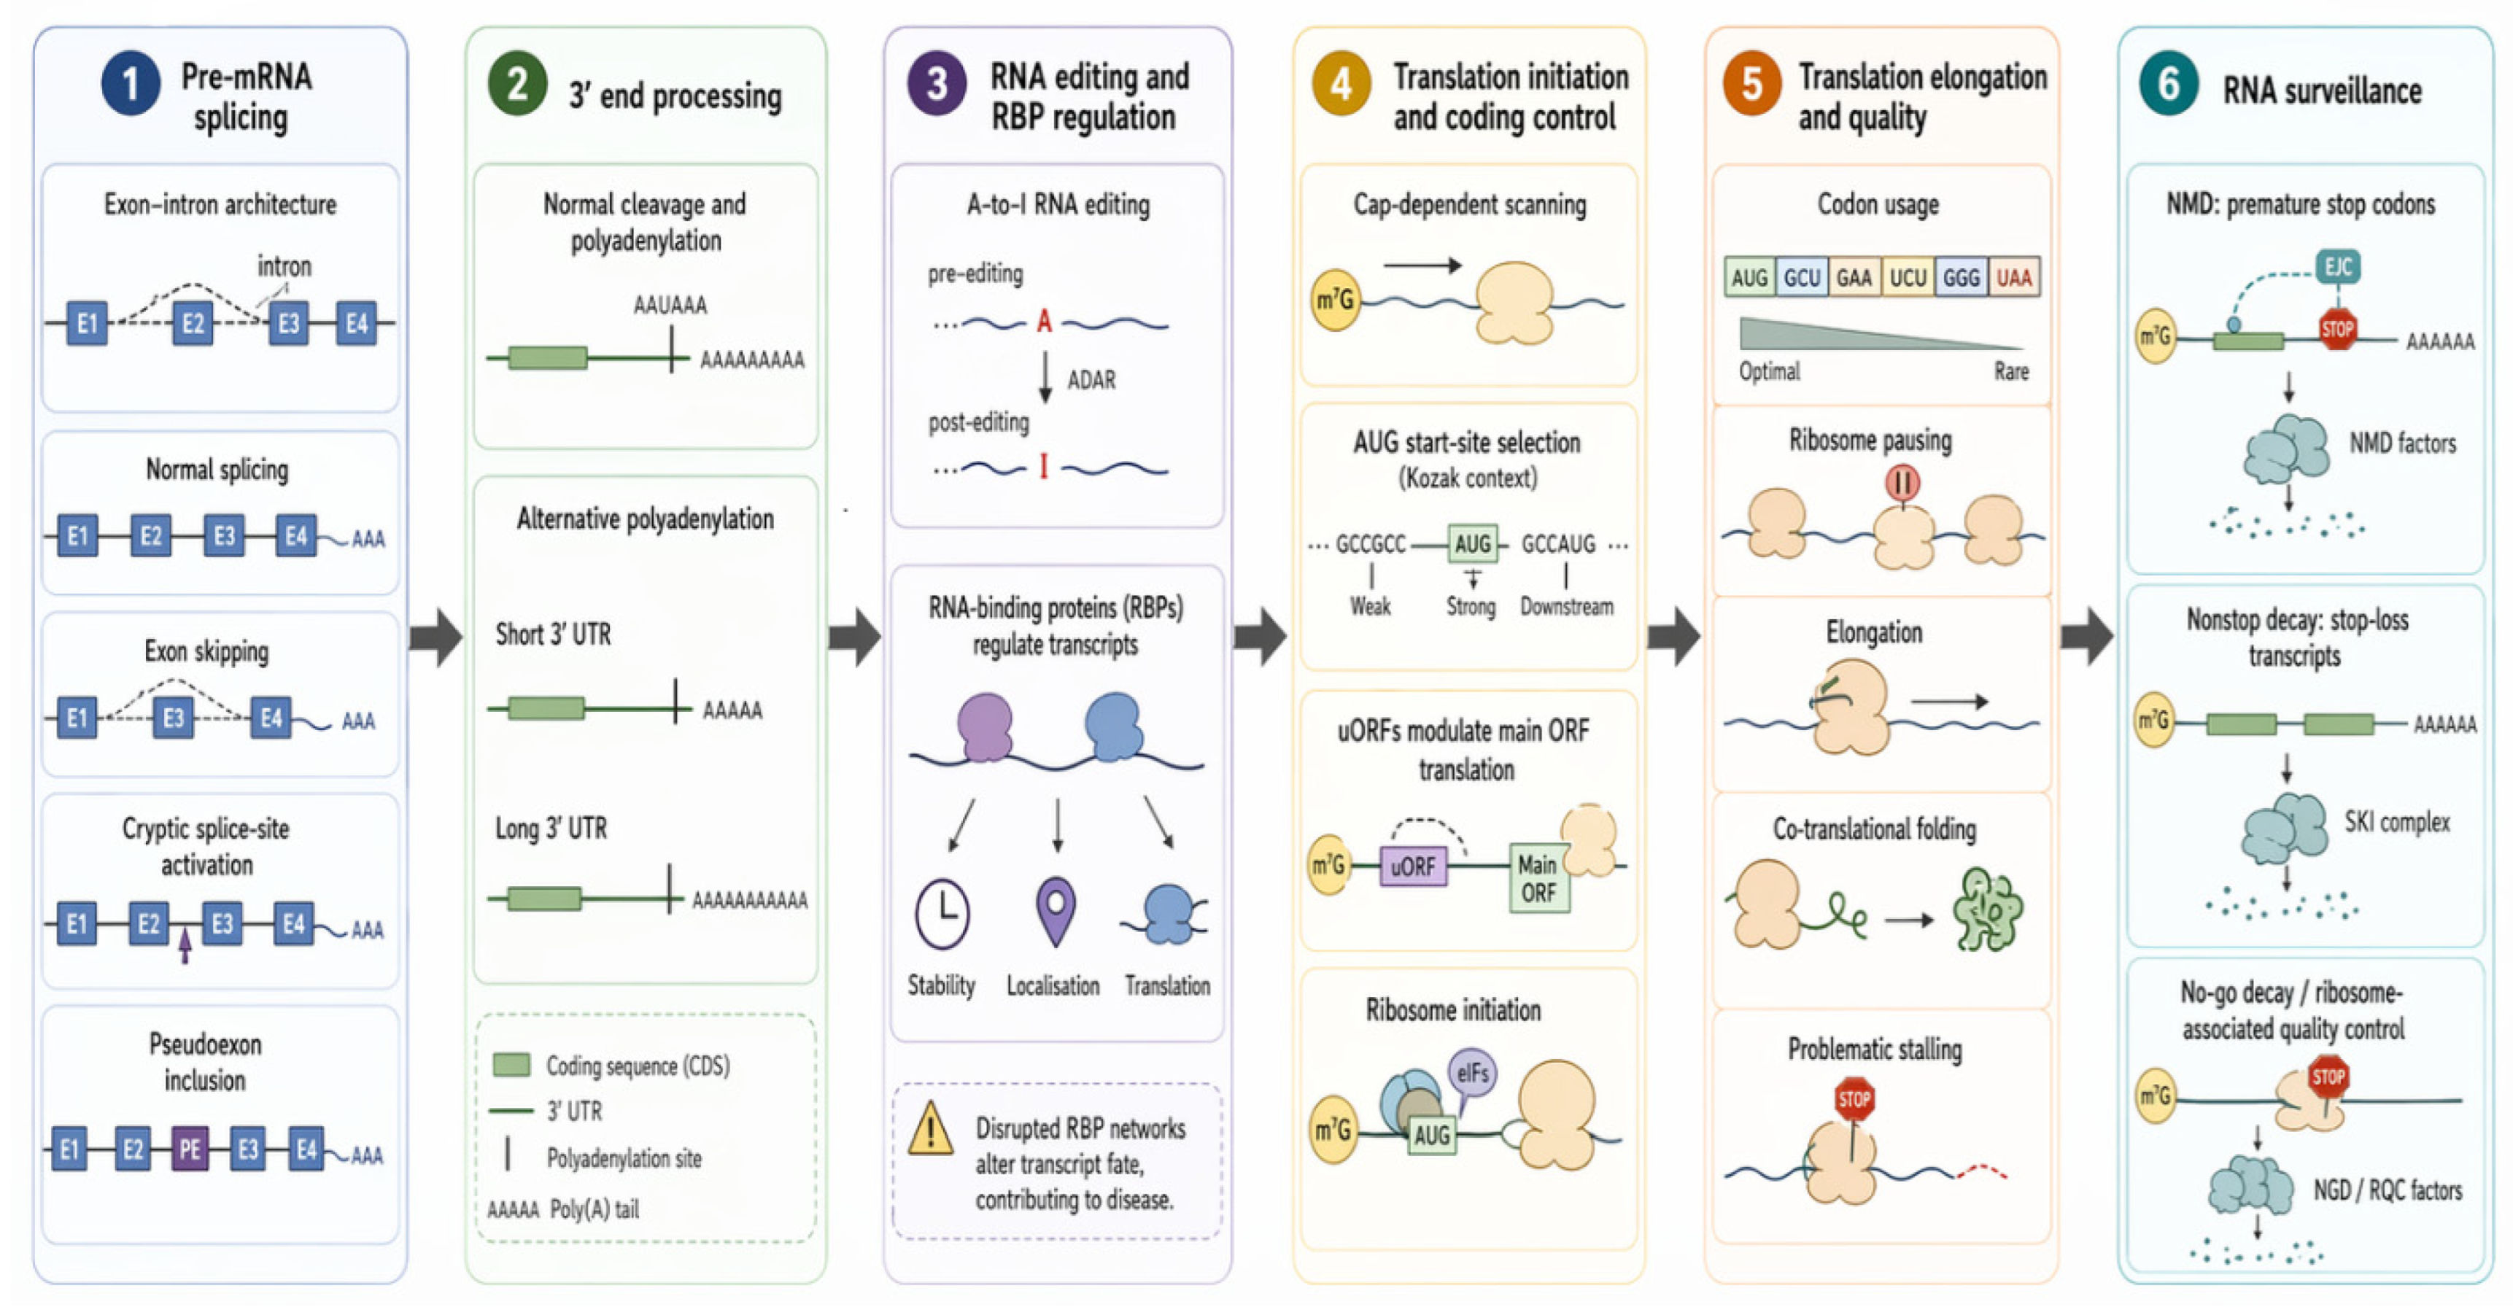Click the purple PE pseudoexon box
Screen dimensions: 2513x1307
pos(190,1148)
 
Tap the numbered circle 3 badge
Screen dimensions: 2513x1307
pos(937,83)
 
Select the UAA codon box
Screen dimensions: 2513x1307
pos(2013,278)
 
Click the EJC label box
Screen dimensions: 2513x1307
pos(2339,266)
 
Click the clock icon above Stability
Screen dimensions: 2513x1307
pos(942,914)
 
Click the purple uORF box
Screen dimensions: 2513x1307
pos(1412,865)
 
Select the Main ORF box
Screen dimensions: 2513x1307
pos(1538,878)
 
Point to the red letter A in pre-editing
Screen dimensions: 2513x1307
pos(1044,320)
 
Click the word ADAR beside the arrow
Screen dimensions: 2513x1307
pos(1091,379)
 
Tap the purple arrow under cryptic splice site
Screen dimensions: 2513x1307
pos(185,945)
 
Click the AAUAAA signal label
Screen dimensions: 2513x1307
pos(670,306)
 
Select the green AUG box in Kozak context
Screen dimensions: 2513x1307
pos(1472,543)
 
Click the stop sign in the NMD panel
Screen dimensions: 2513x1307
pos(2337,329)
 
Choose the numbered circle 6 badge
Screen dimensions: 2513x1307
pos(2168,84)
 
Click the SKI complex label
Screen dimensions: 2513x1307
pos(2397,822)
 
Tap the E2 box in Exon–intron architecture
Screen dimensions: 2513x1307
pos(193,324)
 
